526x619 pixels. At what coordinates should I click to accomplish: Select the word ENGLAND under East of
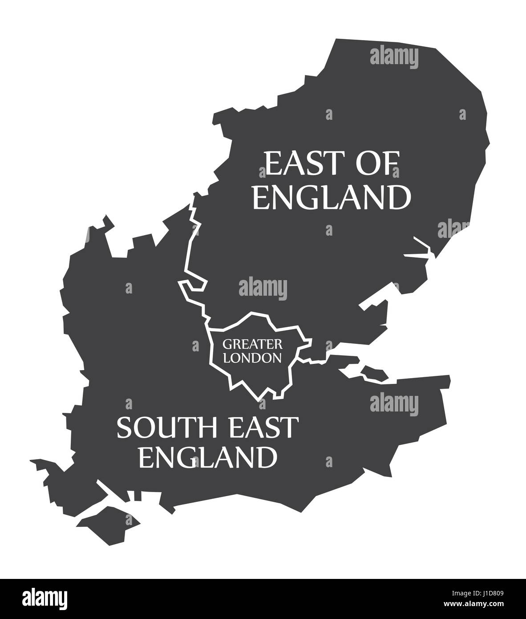click(331, 197)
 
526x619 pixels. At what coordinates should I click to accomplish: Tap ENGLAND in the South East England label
click(207, 456)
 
